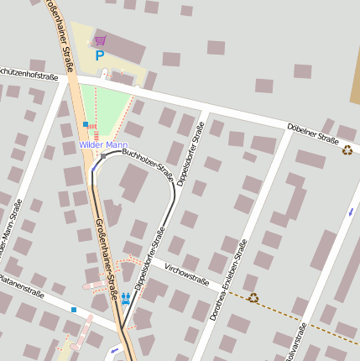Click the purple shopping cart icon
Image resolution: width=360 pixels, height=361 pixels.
click(x=101, y=39)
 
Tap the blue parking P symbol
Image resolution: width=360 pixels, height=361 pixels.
click(x=100, y=56)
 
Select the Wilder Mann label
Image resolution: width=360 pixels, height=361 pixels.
click(x=102, y=144)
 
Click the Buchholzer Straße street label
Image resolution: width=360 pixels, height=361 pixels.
click(x=148, y=165)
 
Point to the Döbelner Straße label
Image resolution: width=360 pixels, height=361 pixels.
click(x=312, y=134)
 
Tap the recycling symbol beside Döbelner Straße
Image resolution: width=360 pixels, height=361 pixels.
click(x=347, y=150)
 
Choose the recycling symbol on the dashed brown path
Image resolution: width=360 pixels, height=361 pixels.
click(x=253, y=297)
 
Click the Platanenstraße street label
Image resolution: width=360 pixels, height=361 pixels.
click(x=20, y=285)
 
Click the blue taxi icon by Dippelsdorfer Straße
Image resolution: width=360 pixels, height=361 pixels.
click(x=125, y=298)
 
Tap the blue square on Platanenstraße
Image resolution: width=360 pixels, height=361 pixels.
click(x=74, y=310)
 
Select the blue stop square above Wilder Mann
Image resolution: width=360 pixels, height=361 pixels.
click(x=86, y=124)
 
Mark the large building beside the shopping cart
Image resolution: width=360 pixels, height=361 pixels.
click(x=124, y=49)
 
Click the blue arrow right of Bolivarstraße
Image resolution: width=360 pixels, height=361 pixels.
click(x=351, y=211)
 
